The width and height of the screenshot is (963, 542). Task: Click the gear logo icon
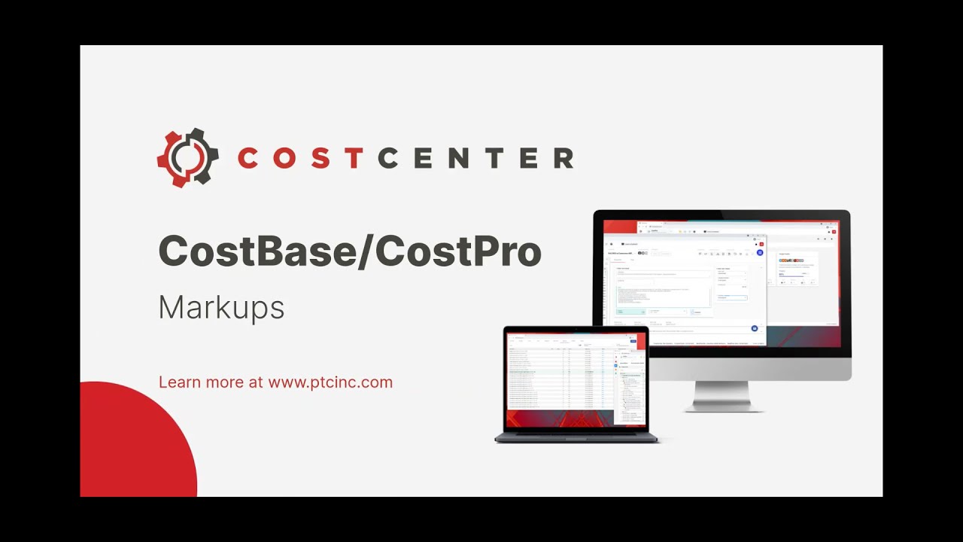coord(187,157)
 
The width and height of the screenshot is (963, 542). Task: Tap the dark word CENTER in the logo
coord(476,158)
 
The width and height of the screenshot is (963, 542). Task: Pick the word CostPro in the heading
coord(458,251)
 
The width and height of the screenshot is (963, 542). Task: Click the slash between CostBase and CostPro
coord(365,251)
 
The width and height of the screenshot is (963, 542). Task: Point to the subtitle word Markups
coord(221,308)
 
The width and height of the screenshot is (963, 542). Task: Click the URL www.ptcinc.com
coord(330,382)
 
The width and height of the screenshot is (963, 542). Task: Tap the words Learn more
coord(202,382)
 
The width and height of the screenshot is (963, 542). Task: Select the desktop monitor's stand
coord(721,396)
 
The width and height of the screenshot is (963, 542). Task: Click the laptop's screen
coord(576,378)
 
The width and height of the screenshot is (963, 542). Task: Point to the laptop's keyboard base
coord(576,437)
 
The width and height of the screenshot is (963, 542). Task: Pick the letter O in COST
coord(283,158)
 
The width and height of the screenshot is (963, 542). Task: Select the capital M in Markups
coord(169,308)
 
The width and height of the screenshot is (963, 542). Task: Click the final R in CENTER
coord(564,158)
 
